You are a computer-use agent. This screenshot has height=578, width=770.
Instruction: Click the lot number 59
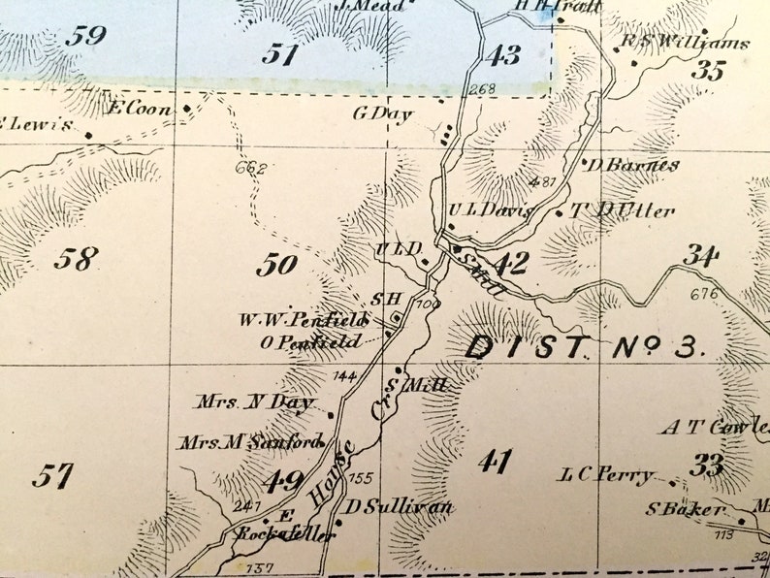pos(84,37)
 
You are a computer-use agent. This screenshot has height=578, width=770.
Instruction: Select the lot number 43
pos(502,55)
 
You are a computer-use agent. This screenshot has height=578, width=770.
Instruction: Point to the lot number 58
pos(76,259)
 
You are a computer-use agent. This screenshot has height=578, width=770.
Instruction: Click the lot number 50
pos(277,264)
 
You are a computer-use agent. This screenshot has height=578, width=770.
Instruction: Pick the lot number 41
pos(495,462)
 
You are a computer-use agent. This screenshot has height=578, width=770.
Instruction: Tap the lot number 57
pos(52,476)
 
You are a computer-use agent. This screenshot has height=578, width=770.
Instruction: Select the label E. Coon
pos(140,109)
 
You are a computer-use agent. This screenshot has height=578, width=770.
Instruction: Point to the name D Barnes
pos(632,165)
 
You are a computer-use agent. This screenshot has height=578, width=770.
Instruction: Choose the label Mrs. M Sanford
pos(249,442)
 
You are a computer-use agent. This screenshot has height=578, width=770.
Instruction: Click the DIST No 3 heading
pos(581,347)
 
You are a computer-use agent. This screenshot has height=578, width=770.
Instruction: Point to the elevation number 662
pos(250,168)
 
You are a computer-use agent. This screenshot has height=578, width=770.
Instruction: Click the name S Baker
pos(686,509)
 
